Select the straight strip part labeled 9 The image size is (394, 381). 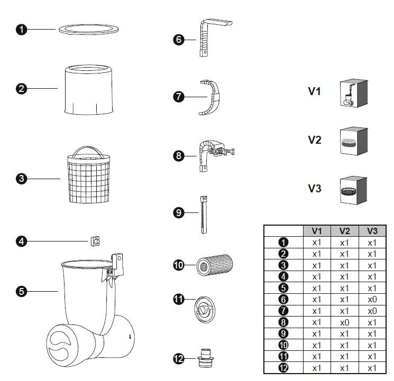(x=203, y=212)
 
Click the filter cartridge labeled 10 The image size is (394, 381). (x=215, y=264)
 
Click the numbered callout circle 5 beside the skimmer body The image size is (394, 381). (x=21, y=290)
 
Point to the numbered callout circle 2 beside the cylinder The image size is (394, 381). (x=21, y=88)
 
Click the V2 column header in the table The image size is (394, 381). (x=344, y=231)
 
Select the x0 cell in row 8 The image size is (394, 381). (x=344, y=322)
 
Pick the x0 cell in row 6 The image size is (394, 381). (x=372, y=299)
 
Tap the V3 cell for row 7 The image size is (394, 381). (x=372, y=311)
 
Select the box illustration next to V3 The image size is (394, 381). (x=353, y=190)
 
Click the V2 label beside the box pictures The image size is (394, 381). (x=315, y=140)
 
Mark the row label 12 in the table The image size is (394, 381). (x=283, y=368)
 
